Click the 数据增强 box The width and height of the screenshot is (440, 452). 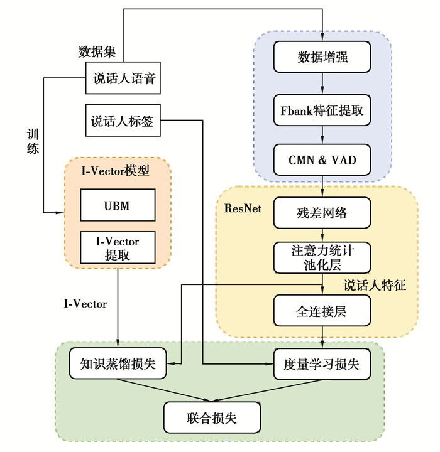coord(322,58)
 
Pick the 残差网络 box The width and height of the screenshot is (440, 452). coord(322,213)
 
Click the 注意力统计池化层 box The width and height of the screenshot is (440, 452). coord(322,256)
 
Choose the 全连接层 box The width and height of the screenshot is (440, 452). coord(322,309)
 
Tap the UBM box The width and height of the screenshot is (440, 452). coord(118,205)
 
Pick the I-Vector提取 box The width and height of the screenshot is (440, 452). coord(118,247)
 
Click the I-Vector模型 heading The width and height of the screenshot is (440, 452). coord(118,169)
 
